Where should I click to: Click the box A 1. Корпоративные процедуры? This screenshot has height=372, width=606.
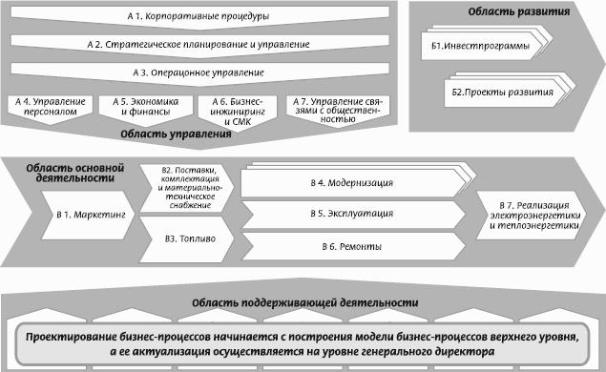[199, 16]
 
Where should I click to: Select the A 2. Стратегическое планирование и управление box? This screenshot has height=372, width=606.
[199, 45]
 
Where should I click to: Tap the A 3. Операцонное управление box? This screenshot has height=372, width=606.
[199, 73]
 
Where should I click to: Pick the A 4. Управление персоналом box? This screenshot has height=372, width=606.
[51, 108]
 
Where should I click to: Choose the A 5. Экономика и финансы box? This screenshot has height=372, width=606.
[146, 109]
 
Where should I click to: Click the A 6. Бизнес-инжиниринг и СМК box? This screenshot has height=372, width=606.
[238, 112]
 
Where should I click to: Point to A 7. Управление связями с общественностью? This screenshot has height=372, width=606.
[338, 110]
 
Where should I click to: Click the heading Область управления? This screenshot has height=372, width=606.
[176, 134]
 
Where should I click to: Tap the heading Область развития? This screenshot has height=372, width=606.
[518, 11]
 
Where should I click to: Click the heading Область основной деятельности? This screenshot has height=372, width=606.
[75, 173]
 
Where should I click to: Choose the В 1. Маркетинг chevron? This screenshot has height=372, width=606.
[89, 215]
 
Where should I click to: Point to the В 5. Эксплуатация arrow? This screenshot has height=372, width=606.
[353, 214]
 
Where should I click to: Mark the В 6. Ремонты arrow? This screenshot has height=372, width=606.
[353, 246]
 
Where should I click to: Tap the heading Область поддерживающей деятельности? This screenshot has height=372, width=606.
[305, 303]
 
